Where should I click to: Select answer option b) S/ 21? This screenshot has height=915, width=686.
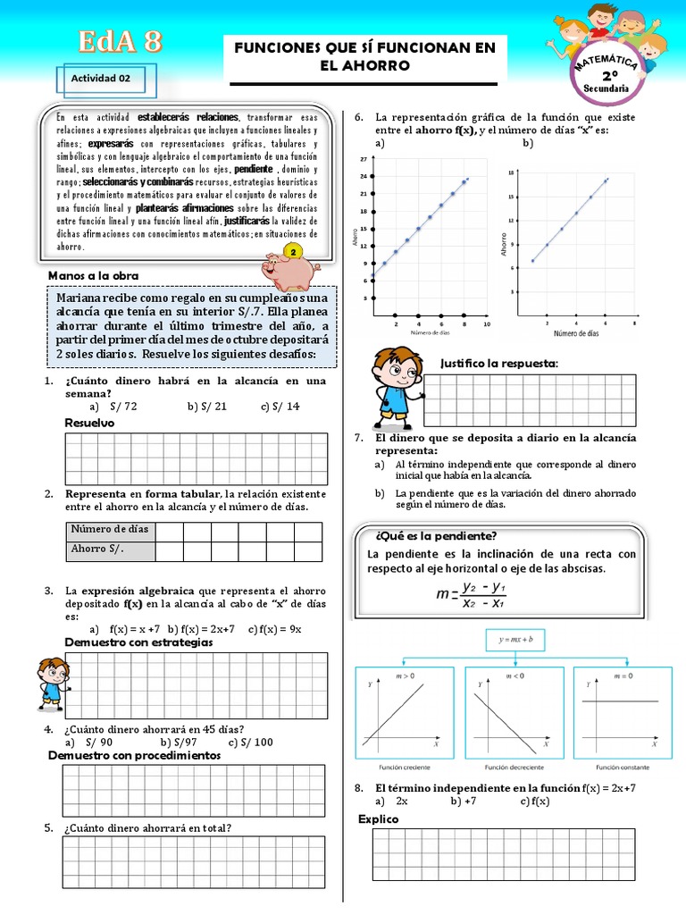click(x=207, y=406)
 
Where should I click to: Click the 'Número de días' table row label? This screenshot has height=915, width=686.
click(x=110, y=529)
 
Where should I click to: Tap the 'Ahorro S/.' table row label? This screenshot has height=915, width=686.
click(x=97, y=549)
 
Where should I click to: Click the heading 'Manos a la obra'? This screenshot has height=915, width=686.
click(x=94, y=275)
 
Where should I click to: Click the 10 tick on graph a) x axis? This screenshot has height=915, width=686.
click(x=486, y=324)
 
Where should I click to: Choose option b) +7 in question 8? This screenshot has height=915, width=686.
click(x=463, y=802)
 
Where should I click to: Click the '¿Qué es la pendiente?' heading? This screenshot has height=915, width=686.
click(x=436, y=536)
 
